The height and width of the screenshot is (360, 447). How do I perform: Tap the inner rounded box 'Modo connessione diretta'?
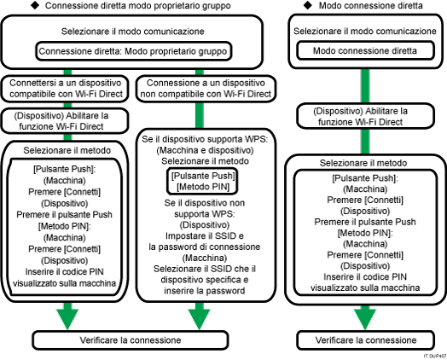tap(365, 50)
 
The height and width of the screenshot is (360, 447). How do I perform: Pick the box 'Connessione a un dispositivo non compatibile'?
tap(206, 90)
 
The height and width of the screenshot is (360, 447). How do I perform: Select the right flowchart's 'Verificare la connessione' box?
tap(365, 340)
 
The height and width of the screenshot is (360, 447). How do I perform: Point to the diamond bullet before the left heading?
tap(9, 7)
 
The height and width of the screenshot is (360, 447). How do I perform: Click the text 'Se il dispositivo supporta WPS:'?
tap(206, 136)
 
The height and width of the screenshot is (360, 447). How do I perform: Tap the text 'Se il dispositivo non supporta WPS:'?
tap(206, 210)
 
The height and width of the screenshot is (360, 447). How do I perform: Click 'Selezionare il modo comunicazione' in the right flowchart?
tap(365, 31)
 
